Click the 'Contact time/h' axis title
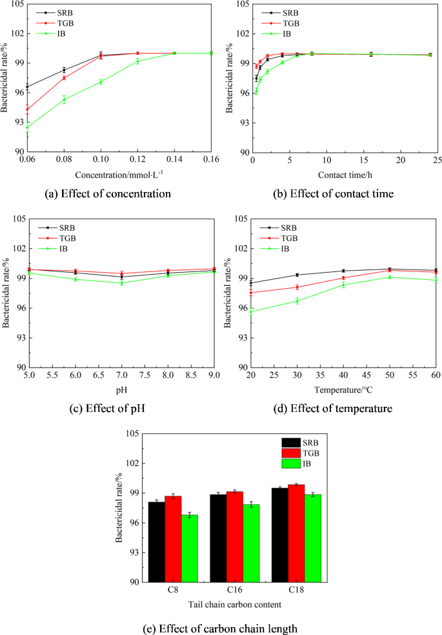pos(344,175)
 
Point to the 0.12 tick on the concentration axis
pos(137,159)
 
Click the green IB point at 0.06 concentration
pos(27,127)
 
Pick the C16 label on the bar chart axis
pos(234,589)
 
